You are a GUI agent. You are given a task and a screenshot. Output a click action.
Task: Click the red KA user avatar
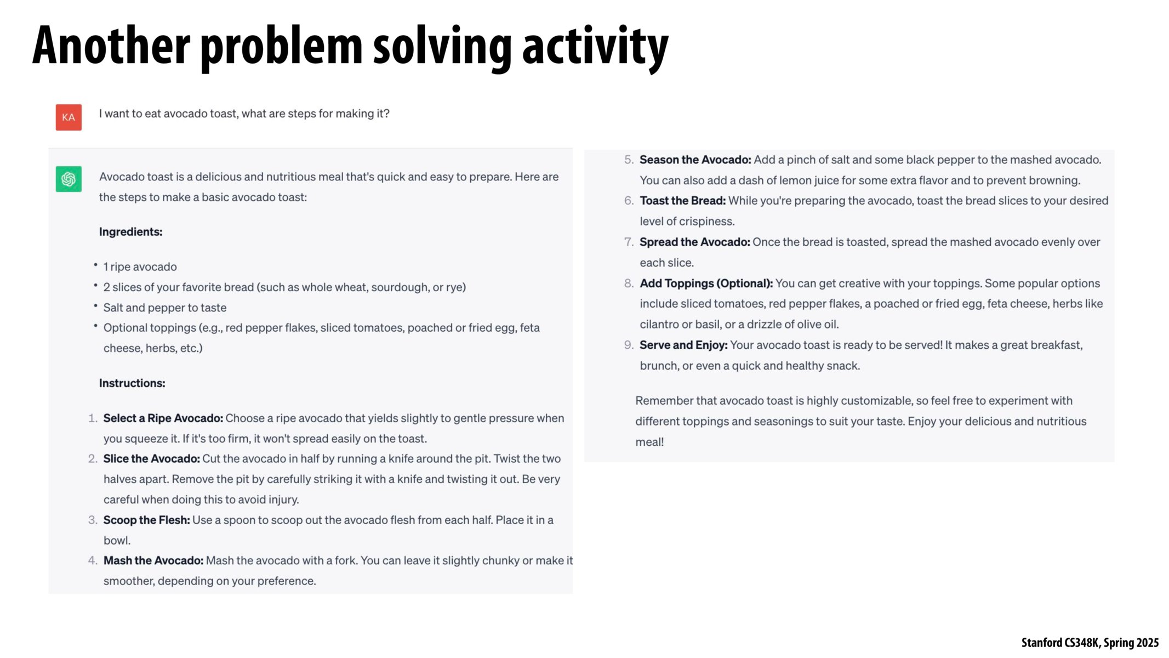pyautogui.click(x=69, y=117)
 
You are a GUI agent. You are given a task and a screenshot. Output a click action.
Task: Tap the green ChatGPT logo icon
pyautogui.click(x=69, y=179)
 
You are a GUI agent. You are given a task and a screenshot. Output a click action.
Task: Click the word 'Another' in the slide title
pyautogui.click(x=111, y=46)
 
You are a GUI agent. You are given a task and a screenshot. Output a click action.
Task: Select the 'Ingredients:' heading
pyautogui.click(x=130, y=232)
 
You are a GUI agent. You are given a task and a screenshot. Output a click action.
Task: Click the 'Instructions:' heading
pyautogui.click(x=132, y=383)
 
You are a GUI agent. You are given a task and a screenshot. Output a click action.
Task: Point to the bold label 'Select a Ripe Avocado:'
pyautogui.click(x=163, y=418)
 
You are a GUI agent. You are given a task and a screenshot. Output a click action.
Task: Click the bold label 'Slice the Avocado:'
pyautogui.click(x=151, y=459)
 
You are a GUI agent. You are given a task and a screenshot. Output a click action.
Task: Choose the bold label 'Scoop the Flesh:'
pyautogui.click(x=146, y=520)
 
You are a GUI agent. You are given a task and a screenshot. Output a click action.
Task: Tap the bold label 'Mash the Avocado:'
pyautogui.click(x=153, y=561)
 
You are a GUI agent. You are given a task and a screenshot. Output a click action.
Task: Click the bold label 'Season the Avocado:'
pyautogui.click(x=695, y=160)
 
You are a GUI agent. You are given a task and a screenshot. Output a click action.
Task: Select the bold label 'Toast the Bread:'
pyautogui.click(x=682, y=201)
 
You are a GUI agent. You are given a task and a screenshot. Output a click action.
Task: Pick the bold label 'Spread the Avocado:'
pyautogui.click(x=694, y=242)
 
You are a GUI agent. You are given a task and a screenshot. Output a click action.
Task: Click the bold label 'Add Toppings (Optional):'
pyautogui.click(x=706, y=283)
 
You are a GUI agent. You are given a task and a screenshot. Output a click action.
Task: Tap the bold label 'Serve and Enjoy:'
pyautogui.click(x=683, y=345)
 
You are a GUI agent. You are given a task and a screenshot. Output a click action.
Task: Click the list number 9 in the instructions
pyautogui.click(x=628, y=345)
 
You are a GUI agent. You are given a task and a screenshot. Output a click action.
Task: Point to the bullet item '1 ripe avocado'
pyautogui.click(x=140, y=267)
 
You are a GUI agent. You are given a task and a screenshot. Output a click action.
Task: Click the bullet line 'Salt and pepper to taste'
pyautogui.click(x=164, y=308)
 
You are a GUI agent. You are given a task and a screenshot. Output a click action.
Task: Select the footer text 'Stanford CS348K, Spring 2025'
pyautogui.click(x=1090, y=643)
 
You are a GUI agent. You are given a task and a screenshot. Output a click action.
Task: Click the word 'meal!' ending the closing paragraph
pyautogui.click(x=649, y=443)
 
